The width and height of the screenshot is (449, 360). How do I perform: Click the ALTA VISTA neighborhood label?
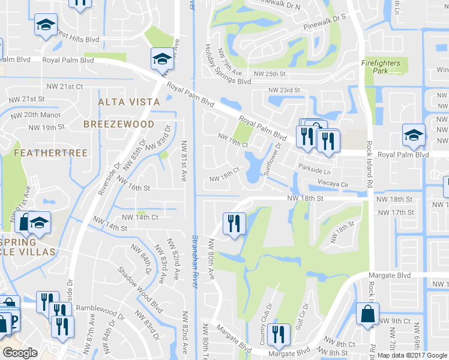coord(129,102)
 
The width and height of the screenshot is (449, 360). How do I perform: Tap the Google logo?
coord(20,353)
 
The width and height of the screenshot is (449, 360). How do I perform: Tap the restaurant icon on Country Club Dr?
coord(277,333)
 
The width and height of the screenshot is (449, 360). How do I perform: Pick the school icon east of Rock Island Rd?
coord(414,134)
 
